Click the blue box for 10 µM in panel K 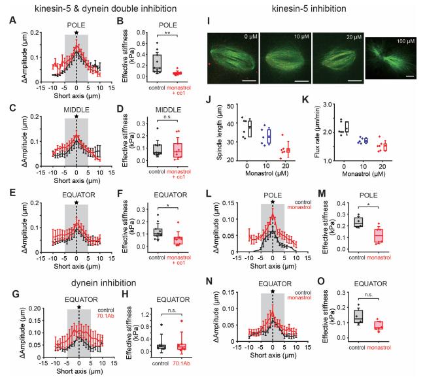click(x=365, y=140)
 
